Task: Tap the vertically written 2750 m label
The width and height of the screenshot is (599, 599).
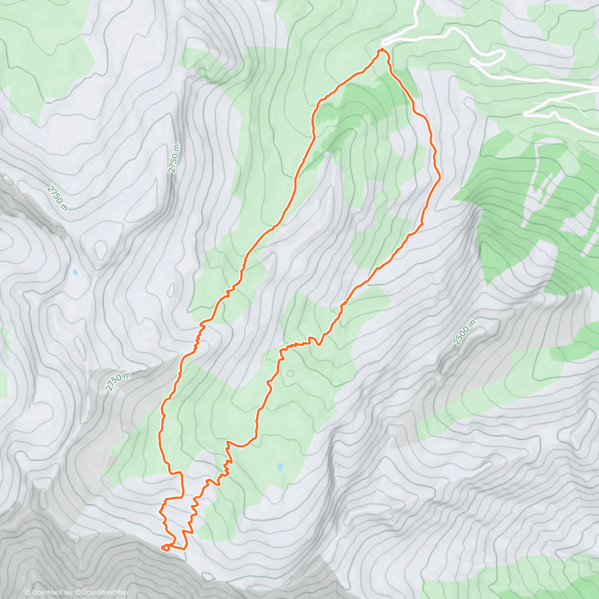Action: pos(173,159)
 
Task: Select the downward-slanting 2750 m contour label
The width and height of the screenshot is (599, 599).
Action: pos(57,198)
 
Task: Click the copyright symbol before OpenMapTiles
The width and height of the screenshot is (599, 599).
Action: pos(27,593)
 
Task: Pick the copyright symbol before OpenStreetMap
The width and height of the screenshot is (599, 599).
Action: pos(77,593)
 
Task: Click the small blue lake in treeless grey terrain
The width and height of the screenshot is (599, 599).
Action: pos(75,273)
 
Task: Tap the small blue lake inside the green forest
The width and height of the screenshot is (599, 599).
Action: pos(280,467)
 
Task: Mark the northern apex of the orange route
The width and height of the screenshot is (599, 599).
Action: pos(382,50)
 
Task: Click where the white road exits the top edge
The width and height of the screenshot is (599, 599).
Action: pos(417,2)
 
